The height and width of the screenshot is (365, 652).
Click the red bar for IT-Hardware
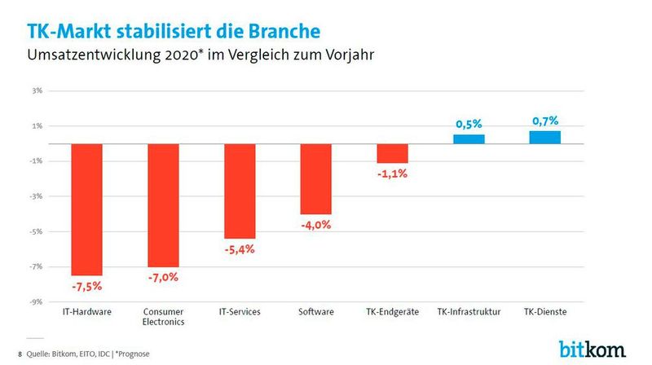coord(86,209)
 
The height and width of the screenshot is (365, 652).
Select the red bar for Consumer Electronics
coord(163,205)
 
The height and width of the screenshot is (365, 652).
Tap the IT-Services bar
coord(240,191)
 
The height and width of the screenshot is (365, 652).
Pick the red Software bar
coord(315,178)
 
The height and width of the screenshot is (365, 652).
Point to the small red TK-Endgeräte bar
coord(392,153)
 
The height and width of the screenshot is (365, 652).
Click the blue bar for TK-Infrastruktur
coord(469,139)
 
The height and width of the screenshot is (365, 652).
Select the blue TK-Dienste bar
coord(545,137)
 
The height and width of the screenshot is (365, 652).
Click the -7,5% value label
coord(86,287)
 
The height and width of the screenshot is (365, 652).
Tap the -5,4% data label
coord(240,249)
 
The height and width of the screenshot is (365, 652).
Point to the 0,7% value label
coord(545,121)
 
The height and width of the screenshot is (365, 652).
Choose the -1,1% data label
coord(392,174)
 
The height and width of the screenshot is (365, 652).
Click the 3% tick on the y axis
coord(37,90)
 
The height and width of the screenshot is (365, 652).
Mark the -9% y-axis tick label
coord(37,301)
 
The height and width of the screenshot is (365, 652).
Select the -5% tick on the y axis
coord(37,231)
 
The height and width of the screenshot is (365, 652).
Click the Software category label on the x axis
coord(315,312)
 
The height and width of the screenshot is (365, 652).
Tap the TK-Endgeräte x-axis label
coord(392,312)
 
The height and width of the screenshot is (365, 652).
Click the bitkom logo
coord(593,348)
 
